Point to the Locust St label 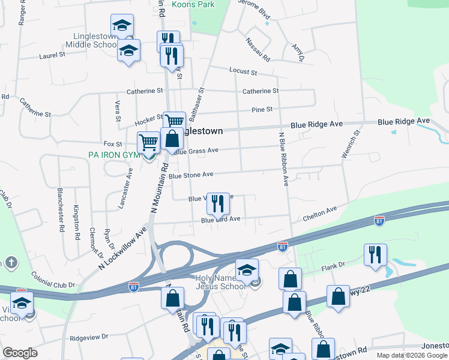click(x=243, y=71)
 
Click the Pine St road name click(x=262, y=109)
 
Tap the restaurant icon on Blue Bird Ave click(x=218, y=203)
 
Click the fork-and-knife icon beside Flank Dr click(x=375, y=254)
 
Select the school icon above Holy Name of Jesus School click(x=247, y=270)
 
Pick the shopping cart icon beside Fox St click(x=148, y=143)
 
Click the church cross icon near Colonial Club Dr click(x=11, y=263)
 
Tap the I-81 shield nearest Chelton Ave click(x=379, y=220)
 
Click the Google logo click(x=20, y=353)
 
